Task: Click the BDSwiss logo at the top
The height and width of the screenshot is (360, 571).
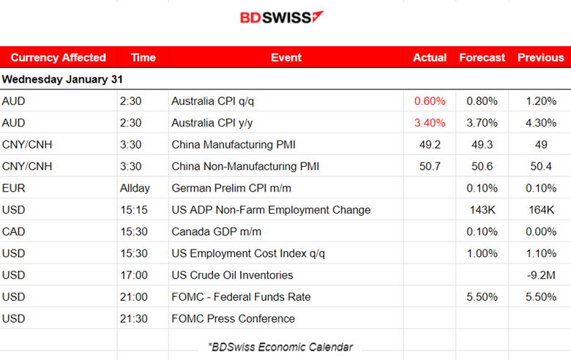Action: [x=282, y=17]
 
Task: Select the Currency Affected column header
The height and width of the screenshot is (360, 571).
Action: [x=59, y=58]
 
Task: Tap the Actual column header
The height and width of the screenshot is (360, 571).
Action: [x=430, y=58]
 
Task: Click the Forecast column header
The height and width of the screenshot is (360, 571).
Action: [x=482, y=58]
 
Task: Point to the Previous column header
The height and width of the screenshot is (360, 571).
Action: [x=541, y=58]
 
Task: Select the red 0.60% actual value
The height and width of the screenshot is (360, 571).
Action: [x=430, y=101]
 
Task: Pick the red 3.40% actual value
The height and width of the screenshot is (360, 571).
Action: [x=430, y=123]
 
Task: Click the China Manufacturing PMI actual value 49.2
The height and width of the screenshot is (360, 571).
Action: [x=430, y=145]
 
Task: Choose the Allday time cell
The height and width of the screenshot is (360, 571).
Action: [x=135, y=188]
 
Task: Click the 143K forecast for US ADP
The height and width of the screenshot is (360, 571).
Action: [x=482, y=210]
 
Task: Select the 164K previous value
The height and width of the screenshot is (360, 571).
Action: [x=541, y=210]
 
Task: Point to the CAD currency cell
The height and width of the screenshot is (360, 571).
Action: [x=15, y=232]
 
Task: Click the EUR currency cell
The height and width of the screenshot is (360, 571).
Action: [x=14, y=188]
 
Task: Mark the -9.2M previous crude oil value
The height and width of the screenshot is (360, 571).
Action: [x=541, y=275]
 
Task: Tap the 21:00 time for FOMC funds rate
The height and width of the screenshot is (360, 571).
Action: [x=133, y=297]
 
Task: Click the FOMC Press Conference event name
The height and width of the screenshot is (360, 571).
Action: [x=233, y=319]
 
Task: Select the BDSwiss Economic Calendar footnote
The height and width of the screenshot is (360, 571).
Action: [x=280, y=347]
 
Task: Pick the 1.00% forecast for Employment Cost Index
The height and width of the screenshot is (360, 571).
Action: [x=482, y=253]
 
